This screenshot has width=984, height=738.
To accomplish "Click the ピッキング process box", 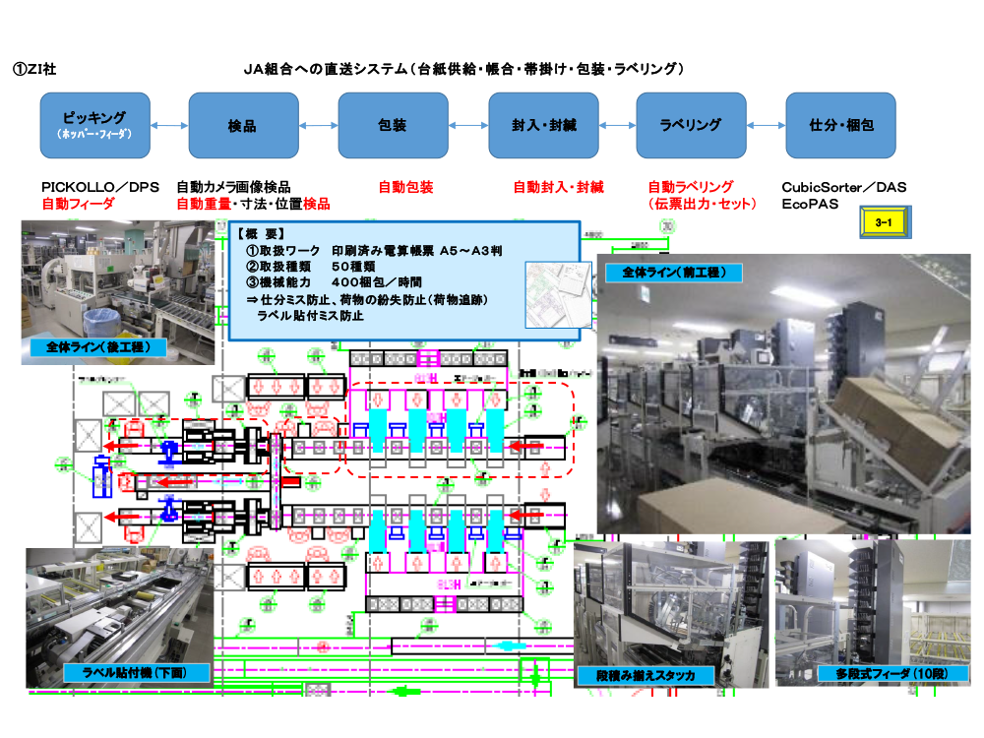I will pos(95,125).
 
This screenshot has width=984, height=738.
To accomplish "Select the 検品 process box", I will pos(242,125).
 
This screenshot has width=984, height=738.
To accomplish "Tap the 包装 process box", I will pos(393,125).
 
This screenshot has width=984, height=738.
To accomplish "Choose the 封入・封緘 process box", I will pos(543,125).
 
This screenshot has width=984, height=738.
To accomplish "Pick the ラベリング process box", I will pos(691,125).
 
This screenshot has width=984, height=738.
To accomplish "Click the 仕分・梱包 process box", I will pos(840,125).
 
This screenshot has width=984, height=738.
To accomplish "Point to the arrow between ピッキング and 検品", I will pos(169,125).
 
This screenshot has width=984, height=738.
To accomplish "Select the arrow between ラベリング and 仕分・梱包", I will pos(766,125).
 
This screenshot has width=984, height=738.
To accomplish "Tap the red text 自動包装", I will pos(405,187).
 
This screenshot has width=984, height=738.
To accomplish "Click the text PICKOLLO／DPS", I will pos(100,187).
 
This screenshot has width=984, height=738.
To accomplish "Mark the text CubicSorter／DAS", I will pos(843,187).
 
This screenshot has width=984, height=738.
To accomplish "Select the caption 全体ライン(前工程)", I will pos(673,272).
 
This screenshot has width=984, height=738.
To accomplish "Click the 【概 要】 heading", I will pos(262,234).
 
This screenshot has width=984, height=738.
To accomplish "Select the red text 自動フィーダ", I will pos(78,205).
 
